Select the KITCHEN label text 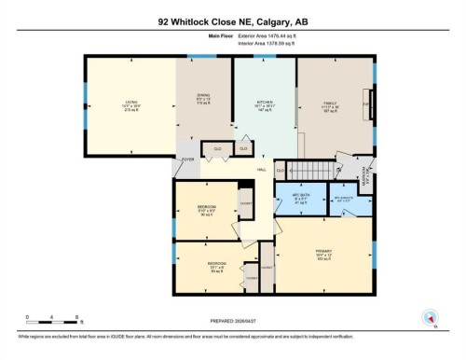tap(264, 104)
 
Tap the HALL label tap(264, 170)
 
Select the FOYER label tap(185, 159)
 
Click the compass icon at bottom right tap(430, 318)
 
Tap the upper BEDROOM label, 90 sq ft tap(206, 208)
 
